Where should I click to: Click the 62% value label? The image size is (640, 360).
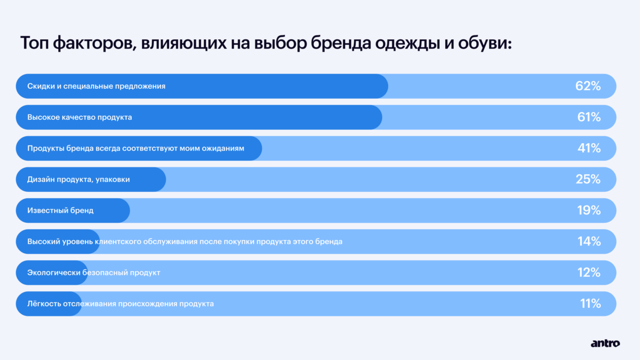point(588,86)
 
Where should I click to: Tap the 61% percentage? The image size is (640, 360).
point(589,117)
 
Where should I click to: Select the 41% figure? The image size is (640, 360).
point(589,148)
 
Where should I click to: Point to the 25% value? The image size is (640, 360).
point(588,179)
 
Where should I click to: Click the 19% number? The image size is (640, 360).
point(589,210)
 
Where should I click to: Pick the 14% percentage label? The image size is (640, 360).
point(589,241)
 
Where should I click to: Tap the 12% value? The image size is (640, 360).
point(589,272)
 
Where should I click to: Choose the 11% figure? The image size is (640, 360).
point(590,303)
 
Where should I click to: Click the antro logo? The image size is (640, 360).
point(605,343)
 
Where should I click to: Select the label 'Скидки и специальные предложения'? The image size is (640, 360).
point(96,86)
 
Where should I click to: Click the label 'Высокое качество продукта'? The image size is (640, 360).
point(79,117)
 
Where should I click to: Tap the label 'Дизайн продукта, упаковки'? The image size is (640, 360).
point(78,179)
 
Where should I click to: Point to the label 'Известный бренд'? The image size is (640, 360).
point(60,210)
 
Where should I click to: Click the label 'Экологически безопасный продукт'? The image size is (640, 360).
point(94,272)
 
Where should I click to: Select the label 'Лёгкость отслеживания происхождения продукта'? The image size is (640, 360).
point(120,303)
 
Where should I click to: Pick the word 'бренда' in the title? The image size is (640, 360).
point(341,42)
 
